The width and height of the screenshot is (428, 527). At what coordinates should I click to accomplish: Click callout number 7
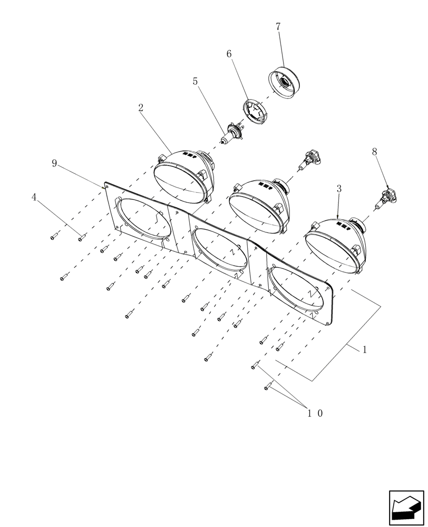coord(278,26)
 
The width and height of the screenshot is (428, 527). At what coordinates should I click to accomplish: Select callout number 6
coord(229,54)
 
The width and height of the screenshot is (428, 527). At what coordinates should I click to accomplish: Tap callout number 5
coord(195,82)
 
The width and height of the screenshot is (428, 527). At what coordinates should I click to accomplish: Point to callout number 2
coord(141,108)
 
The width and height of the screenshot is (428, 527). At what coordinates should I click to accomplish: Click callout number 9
coord(54,163)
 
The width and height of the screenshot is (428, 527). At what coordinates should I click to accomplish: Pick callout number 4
coord(34,197)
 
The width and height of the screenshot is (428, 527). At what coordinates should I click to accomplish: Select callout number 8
coord(374,152)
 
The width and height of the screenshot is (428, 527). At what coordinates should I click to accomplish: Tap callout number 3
coord(339,188)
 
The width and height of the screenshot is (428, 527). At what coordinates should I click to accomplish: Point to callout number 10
coord(315,414)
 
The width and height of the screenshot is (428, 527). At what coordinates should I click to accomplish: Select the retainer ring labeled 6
coord(255,112)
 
